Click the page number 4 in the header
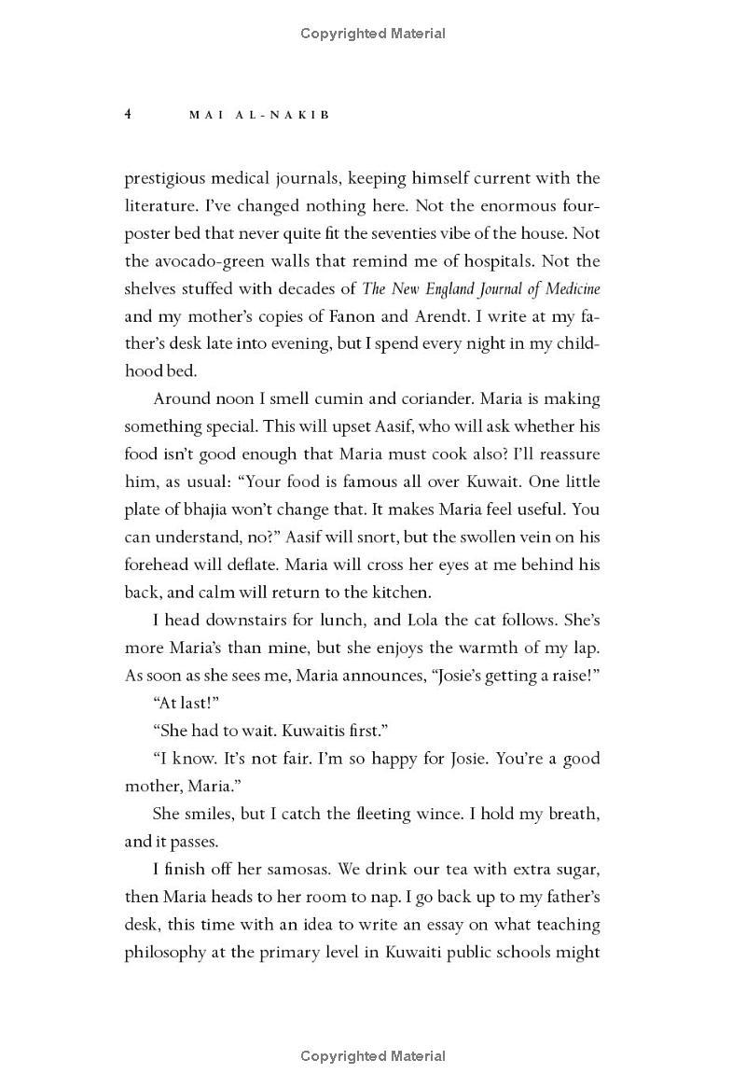(129, 114)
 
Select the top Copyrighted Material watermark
(373, 34)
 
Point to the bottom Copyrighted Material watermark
(373, 1056)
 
